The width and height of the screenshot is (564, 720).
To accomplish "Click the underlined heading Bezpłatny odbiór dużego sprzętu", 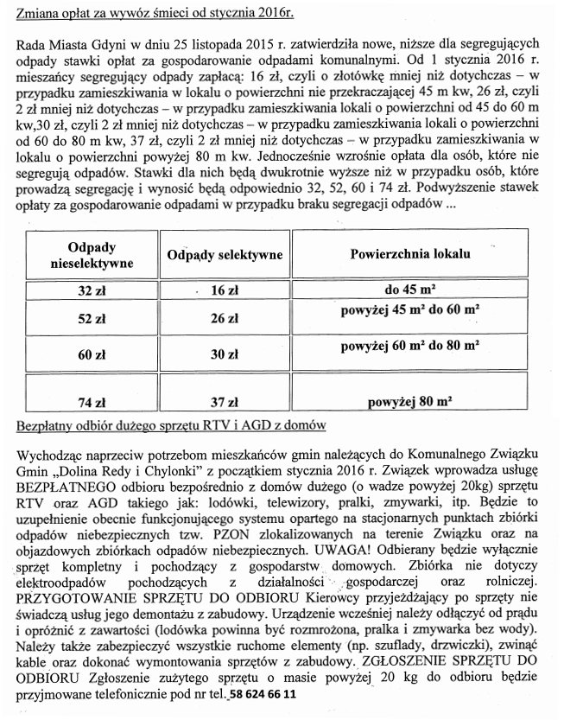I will coord(170,427).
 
